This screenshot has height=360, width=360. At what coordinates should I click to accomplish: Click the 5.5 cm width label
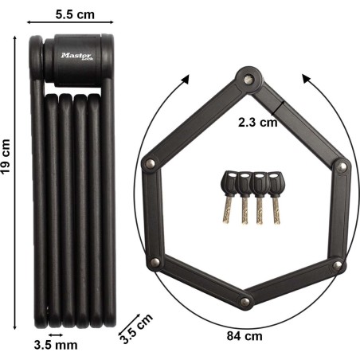[x=75, y=14]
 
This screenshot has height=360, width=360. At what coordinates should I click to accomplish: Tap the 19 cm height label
[x=6, y=157]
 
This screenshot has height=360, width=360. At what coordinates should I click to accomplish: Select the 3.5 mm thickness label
[x=56, y=345]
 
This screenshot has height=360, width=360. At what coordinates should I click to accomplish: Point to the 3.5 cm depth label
[x=136, y=328]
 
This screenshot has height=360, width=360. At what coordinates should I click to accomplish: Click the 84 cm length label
[x=245, y=336]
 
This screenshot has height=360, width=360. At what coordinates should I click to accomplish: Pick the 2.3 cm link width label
[x=257, y=123]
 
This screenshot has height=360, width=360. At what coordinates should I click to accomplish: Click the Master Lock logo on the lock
[x=77, y=57]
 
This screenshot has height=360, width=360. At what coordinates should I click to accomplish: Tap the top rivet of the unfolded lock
[x=248, y=79]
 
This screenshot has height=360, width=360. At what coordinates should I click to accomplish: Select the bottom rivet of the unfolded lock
[x=245, y=302]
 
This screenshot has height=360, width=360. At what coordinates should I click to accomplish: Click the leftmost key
[x=229, y=197]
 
